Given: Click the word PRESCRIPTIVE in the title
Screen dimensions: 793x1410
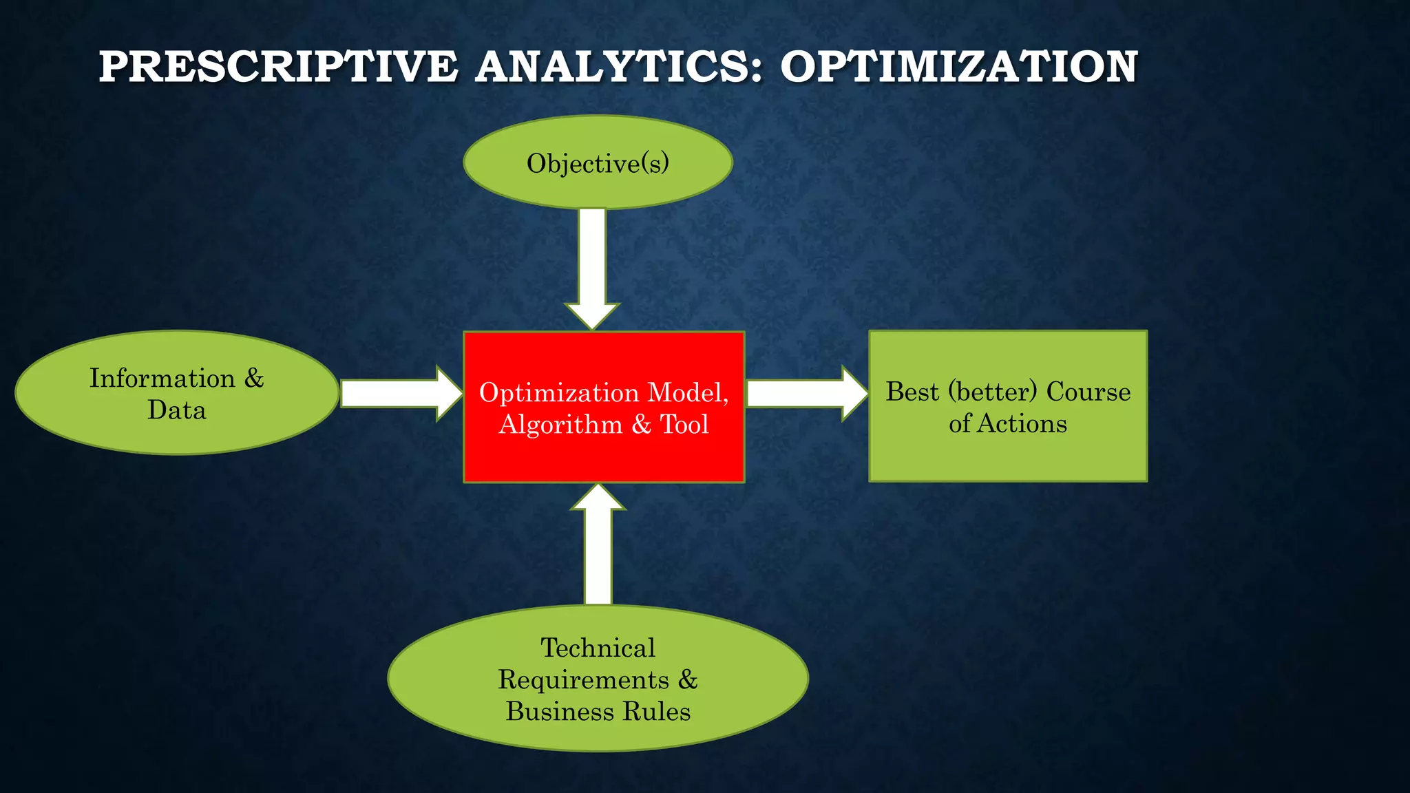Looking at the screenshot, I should click(278, 67).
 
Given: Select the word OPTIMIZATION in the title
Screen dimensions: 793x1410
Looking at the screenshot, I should click(958, 67).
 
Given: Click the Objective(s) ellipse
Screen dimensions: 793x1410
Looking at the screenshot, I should click(598, 162).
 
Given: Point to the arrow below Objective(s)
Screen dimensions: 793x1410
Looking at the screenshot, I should click(592, 268).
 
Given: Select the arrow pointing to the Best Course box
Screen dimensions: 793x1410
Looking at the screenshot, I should click(806, 393).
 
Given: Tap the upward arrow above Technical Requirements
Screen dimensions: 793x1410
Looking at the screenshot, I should click(598, 544).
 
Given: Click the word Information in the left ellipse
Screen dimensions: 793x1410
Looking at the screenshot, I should click(162, 379).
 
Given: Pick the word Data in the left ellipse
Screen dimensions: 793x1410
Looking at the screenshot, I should click(177, 410).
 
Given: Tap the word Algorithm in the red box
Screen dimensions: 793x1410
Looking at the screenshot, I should click(560, 424).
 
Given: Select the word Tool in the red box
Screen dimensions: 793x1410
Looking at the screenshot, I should click(684, 424).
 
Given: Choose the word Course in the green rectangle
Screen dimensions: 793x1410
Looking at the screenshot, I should click(1088, 392).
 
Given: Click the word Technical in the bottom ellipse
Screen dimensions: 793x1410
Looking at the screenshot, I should click(598, 648).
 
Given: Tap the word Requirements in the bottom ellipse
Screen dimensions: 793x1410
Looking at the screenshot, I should click(583, 679).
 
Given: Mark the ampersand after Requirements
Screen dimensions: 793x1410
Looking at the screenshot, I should click(688, 679).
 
